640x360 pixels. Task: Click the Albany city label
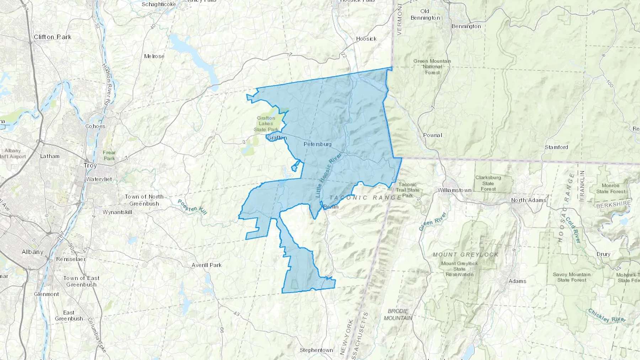32,252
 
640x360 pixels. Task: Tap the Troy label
90,166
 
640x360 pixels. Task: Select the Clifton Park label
52,37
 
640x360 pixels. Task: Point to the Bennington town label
466,26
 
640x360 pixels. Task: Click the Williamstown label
454,190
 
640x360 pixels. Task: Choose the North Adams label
528,200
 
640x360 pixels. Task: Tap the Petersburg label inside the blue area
318,144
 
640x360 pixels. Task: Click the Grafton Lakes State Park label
266,124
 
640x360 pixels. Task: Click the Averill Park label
206,265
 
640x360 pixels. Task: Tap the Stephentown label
316,350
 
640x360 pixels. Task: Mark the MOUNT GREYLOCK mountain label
465,254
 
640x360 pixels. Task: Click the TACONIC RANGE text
366,198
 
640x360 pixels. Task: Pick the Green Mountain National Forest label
432,66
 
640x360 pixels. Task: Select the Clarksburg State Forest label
488,183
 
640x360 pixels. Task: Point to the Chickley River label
607,316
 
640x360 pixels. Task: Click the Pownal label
432,135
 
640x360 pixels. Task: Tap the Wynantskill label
117,212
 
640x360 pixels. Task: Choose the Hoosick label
366,39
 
